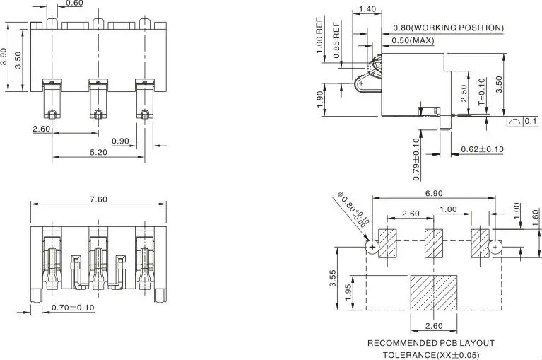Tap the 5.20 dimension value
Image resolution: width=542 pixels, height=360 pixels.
click(98, 152)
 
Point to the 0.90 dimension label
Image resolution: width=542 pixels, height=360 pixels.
click(120, 141)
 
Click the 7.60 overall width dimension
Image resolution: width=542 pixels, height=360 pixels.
click(98, 199)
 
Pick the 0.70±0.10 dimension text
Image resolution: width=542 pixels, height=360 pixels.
click(73, 308)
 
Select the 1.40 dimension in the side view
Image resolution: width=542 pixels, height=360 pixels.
click(367, 9)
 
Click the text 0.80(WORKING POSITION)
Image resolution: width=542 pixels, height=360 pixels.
click(448, 28)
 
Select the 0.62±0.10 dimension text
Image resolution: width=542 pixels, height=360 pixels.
click(482, 149)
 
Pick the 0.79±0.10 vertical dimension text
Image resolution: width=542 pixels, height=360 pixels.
click(417, 160)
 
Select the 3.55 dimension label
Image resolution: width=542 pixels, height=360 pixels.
click(333, 279)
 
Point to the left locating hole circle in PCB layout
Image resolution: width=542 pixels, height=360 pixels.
click(372, 247)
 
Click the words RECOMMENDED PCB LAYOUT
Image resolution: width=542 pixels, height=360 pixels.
click(430, 343)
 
